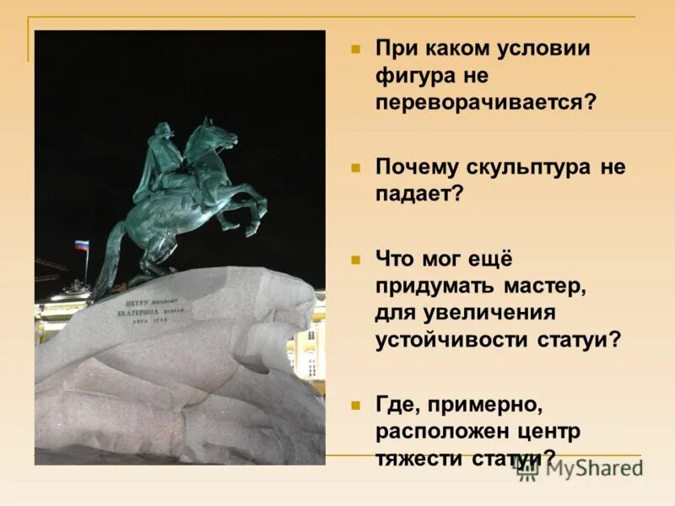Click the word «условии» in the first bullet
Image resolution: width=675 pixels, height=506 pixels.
click(542, 47)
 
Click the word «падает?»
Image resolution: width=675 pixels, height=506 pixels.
click(419, 193)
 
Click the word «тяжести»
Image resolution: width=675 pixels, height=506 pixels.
click(417, 458)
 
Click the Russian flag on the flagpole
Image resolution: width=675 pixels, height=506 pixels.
click(81, 245)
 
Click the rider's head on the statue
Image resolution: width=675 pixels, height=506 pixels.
click(164, 131)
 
